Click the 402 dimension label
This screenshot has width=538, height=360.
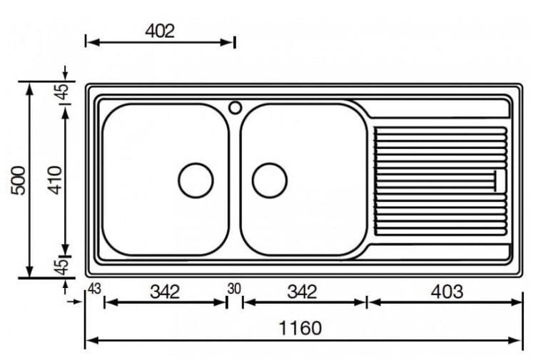[x=160, y=31]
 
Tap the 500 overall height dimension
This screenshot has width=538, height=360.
[x=19, y=180]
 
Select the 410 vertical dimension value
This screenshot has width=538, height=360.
[x=55, y=180]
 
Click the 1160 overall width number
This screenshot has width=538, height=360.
[x=300, y=328]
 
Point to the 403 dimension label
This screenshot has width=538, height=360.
[x=447, y=292]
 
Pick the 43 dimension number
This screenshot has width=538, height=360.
[x=94, y=289]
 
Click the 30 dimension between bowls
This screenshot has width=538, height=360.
[x=234, y=289]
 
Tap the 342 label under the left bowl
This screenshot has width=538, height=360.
[x=165, y=292]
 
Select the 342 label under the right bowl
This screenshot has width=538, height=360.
[x=303, y=292]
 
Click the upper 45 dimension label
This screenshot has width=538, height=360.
[x=63, y=91]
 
